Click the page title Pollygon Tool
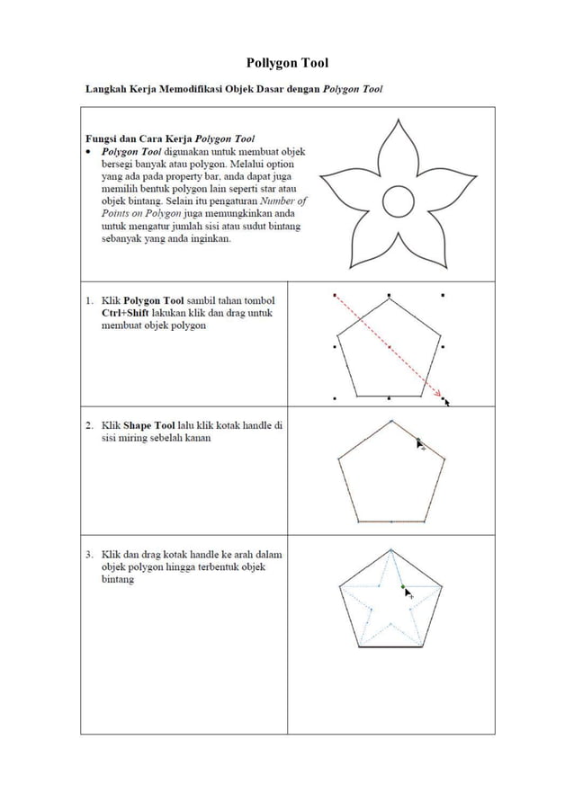(x=287, y=62)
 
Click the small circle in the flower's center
(x=397, y=202)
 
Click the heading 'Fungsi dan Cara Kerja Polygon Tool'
(x=169, y=139)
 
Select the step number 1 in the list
(x=91, y=300)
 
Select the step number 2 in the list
(x=91, y=425)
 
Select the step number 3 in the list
(x=91, y=555)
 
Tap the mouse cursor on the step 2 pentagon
(x=420, y=443)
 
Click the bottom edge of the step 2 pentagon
(x=391, y=521)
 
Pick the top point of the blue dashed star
(x=390, y=550)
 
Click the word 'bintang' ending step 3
(x=118, y=580)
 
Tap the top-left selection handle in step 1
(x=335, y=294)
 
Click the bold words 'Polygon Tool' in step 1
(x=154, y=300)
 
